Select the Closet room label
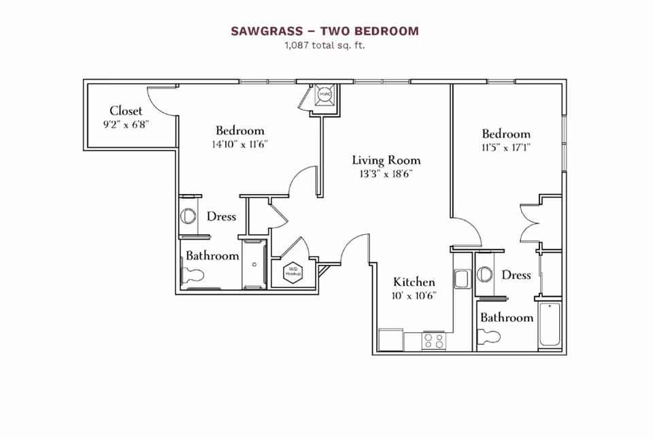(x=126, y=111)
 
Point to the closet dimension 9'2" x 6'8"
(x=126, y=125)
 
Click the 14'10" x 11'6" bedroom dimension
(x=240, y=144)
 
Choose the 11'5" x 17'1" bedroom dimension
(x=506, y=147)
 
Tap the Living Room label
(x=386, y=161)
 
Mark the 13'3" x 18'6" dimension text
(x=386, y=174)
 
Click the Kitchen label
(x=414, y=282)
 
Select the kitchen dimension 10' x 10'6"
(x=414, y=295)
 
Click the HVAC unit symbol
(x=324, y=96)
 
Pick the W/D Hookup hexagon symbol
(x=294, y=272)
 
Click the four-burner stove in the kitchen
(x=434, y=340)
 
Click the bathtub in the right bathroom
(x=549, y=325)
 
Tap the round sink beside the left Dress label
(x=188, y=216)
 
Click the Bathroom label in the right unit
(x=507, y=318)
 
